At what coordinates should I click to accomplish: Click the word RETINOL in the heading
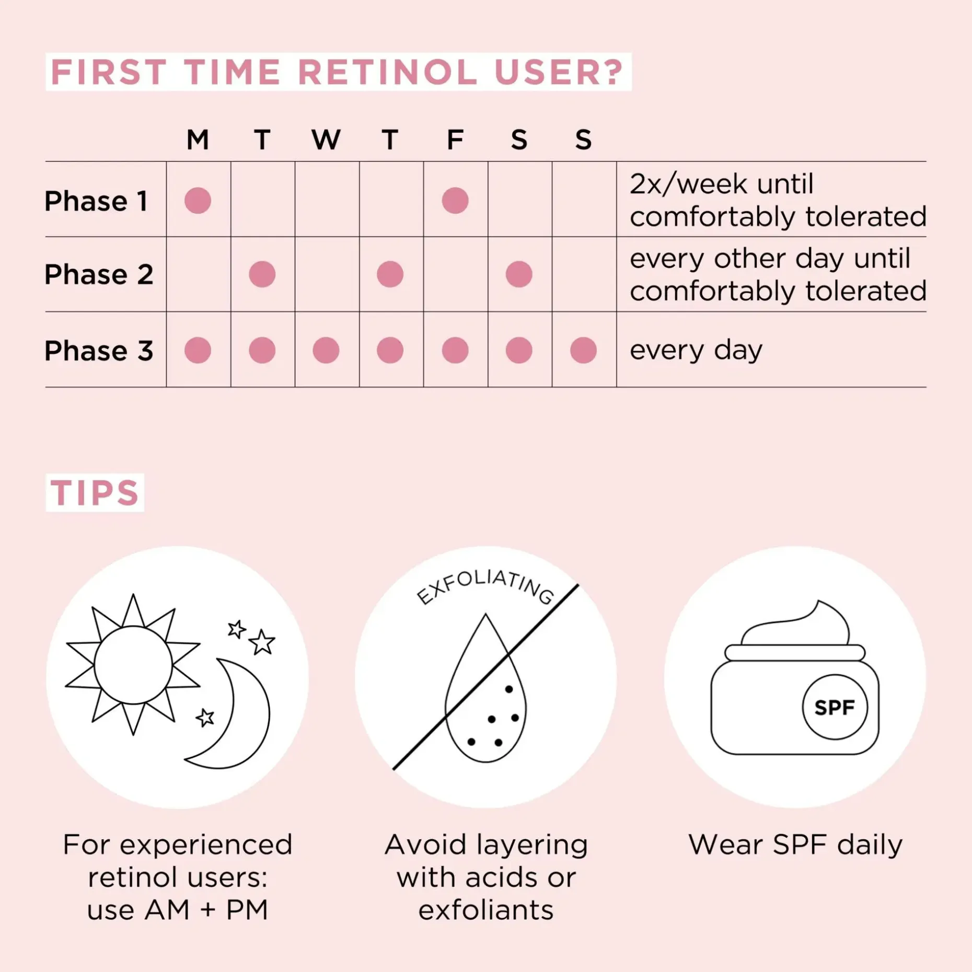coord(387,72)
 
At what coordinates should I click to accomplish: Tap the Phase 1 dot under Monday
coord(198,200)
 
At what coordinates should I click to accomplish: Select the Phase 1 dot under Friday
coord(455,200)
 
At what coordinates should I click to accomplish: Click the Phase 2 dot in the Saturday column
coord(519,274)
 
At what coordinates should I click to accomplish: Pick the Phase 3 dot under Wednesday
coord(326,350)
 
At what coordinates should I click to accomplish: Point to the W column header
coord(326,140)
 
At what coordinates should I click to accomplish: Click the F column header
coord(455,140)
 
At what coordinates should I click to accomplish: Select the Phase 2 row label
coord(99,274)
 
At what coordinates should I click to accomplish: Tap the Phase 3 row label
coord(99,350)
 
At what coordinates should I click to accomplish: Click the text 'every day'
coord(696,350)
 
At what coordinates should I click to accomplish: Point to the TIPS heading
coord(95,493)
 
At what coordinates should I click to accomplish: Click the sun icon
coord(133,665)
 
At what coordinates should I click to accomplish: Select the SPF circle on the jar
coord(835,707)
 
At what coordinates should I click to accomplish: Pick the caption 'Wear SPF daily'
coord(795,844)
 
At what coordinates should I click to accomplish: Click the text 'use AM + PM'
coord(178,910)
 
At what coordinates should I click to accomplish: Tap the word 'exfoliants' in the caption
coord(486,910)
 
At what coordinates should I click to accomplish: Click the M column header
coord(198,140)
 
